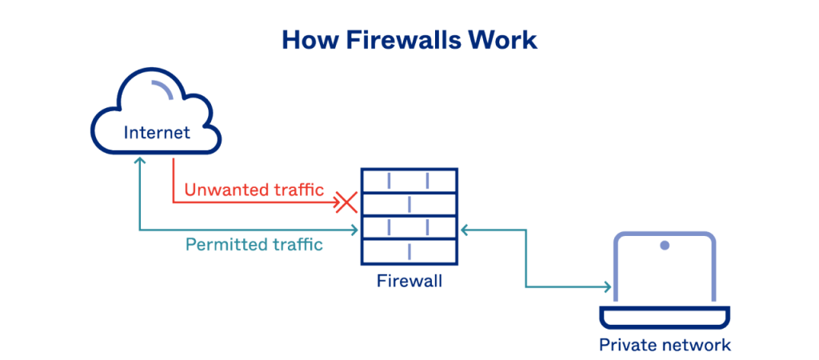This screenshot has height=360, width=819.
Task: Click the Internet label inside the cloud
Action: (x=157, y=132)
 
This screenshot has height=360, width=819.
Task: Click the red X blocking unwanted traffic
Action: (x=346, y=202)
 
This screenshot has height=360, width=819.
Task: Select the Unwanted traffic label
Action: (x=254, y=190)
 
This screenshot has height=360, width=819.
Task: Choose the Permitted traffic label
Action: (x=254, y=245)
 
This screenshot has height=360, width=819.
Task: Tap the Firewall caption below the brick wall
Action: (x=409, y=282)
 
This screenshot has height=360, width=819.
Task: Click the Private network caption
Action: (x=665, y=345)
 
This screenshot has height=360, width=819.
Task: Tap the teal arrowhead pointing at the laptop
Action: (x=608, y=286)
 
